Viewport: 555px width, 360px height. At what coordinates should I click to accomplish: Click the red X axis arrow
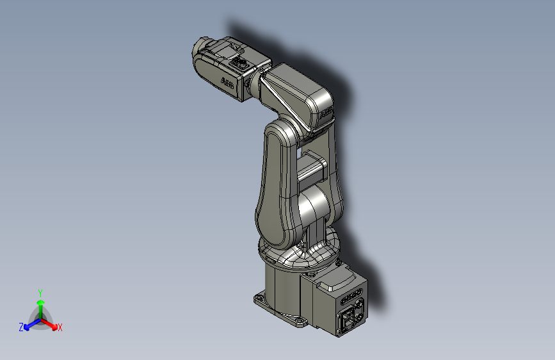52,323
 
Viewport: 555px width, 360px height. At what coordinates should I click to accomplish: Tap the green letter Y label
40,292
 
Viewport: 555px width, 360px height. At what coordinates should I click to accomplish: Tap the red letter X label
60,328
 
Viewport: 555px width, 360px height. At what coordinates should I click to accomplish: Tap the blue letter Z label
20,327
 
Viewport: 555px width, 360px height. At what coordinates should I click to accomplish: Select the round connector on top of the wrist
242,63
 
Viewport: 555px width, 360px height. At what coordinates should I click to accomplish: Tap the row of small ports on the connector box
353,297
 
